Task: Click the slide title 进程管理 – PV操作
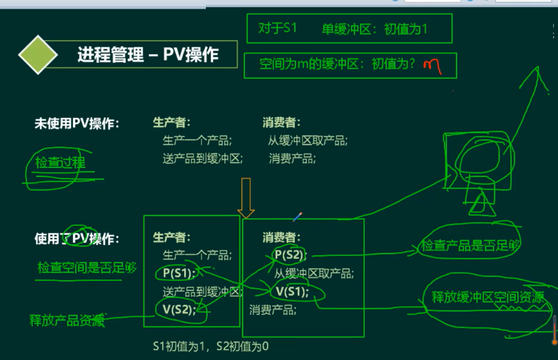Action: click(148, 55)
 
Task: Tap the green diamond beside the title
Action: click(38, 55)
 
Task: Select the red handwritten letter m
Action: click(432, 66)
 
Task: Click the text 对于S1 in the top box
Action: click(277, 28)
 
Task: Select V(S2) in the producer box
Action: click(179, 309)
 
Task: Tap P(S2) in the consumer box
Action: click(289, 255)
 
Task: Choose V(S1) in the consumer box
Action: click(292, 292)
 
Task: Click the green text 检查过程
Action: click(60, 162)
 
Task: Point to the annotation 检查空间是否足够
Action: click(87, 268)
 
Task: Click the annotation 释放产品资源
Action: click(67, 320)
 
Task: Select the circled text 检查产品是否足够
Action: click(470, 245)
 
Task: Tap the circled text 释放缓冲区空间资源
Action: click(488, 297)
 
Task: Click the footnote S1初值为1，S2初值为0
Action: click(211, 347)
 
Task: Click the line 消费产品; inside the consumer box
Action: click(273, 310)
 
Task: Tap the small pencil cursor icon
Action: click(297, 217)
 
